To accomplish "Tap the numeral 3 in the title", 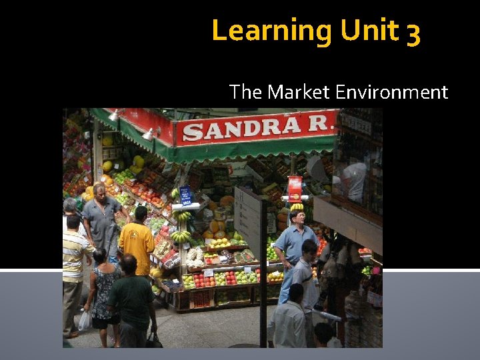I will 413,32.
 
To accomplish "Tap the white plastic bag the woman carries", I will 85,321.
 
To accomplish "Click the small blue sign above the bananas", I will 185,195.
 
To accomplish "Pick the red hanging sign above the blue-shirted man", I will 295,188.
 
